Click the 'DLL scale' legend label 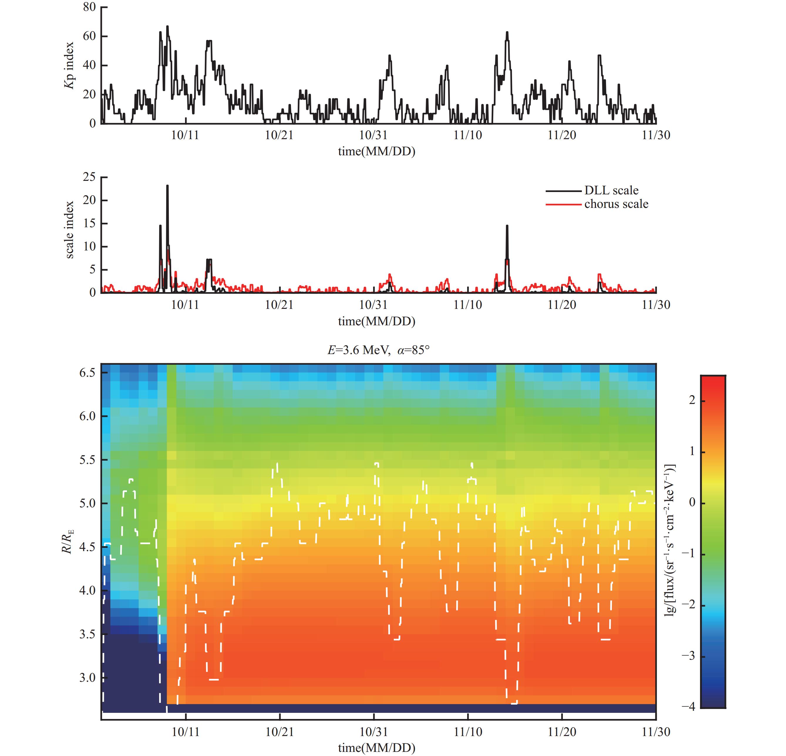(611, 191)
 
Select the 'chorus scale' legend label (616, 204)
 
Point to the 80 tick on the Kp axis (90, 7)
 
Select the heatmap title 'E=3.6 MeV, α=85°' (378, 350)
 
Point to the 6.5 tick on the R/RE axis (87, 373)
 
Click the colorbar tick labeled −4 (690, 707)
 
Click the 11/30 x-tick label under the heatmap (656, 732)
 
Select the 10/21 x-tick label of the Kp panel (279, 135)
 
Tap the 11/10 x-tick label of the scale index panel (468, 305)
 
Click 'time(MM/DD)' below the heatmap (377, 747)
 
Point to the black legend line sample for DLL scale (563, 191)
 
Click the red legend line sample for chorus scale (563, 205)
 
